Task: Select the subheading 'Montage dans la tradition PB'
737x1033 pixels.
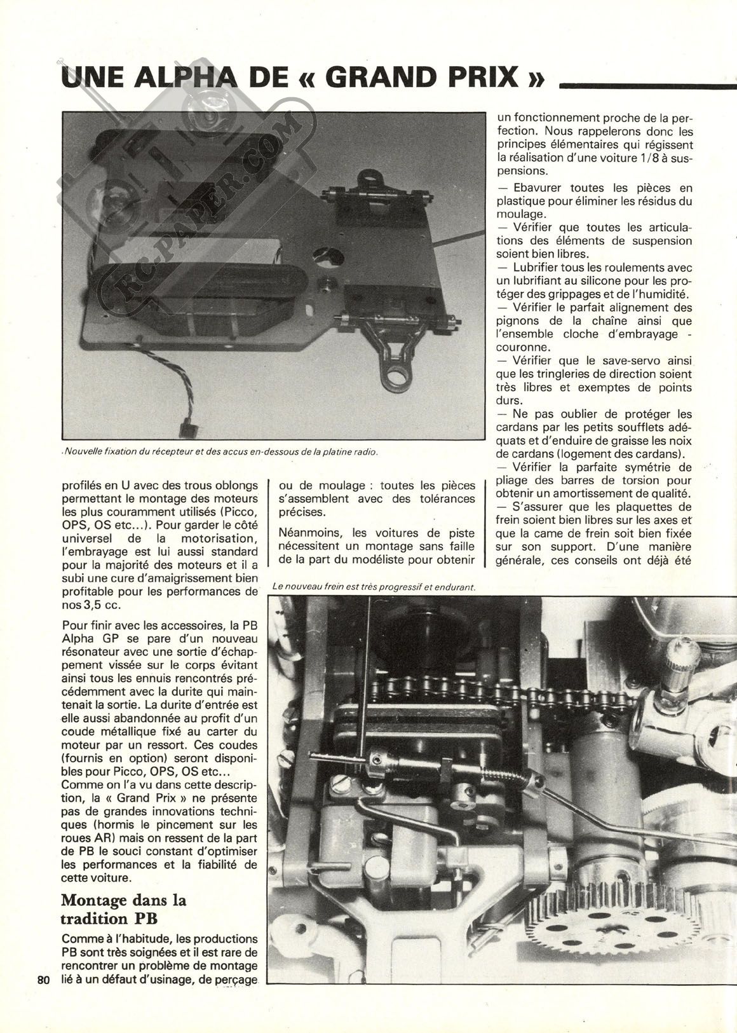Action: pyautogui.click(x=123, y=909)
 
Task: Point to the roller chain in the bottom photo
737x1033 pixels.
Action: pyautogui.click(x=483, y=687)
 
